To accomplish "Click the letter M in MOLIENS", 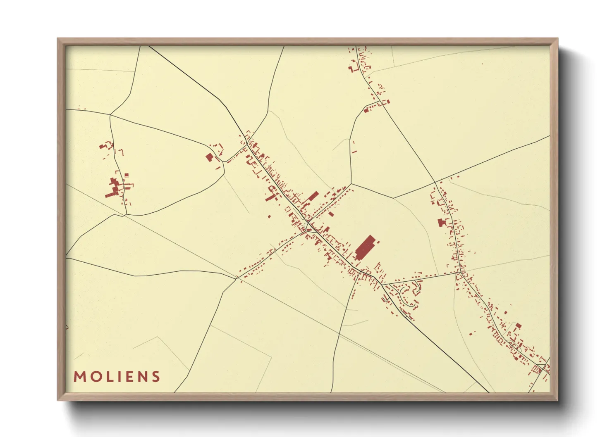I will (79, 377).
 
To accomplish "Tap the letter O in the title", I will (94, 377).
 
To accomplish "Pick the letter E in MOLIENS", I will (127, 377).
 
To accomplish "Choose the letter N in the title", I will (141, 377).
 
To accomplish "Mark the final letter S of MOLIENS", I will (155, 377).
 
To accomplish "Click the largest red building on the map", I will (365, 247).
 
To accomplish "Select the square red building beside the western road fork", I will (209, 157).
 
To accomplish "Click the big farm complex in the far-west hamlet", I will (114, 188).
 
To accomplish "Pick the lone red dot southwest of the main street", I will (269, 216).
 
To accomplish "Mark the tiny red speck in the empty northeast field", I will (482, 64).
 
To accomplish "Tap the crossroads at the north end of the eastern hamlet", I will (435, 182).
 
